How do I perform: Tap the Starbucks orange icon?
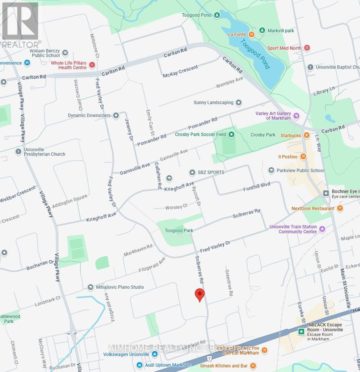coord(306,135)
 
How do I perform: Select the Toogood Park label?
coord(179,231)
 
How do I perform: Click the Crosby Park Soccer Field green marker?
coord(231,135)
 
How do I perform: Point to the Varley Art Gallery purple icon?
coord(297,116)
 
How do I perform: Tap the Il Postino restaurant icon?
coord(303,157)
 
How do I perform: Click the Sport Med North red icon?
coord(307,48)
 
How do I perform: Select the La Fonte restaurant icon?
coord(251,35)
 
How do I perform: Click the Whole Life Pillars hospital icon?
coord(92,65)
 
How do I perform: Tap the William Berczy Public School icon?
coord(65,53)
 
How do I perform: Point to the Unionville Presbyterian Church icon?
coord(18,152)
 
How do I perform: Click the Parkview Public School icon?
coord(271,171)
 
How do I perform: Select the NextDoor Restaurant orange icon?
coord(340,208)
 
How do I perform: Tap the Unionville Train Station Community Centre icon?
coord(322,229)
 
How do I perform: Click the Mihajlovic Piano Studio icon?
coord(90,287)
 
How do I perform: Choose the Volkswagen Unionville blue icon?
coord(155,354)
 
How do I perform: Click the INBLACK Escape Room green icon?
coord(301,331)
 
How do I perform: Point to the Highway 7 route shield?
coord(209,358)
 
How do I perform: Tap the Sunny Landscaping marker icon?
coord(238,103)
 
